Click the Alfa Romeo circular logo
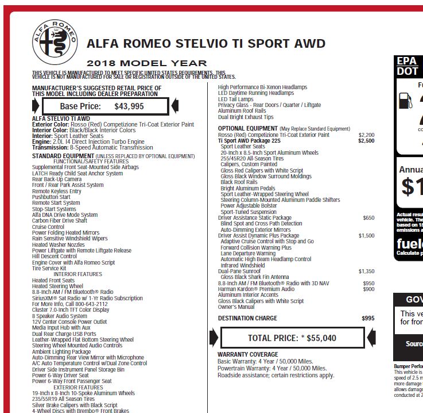tap(55, 41)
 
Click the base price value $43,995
tap(129, 106)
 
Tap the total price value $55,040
tap(321, 338)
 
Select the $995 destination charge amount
tap(367, 318)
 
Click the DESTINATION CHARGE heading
tap(247, 318)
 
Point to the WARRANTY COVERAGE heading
tap(248, 354)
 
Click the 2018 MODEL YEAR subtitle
tap(146, 63)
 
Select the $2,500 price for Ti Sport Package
tap(366, 140)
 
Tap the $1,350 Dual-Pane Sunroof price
tap(366, 271)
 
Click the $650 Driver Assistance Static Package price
tap(368, 218)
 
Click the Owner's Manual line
tap(236, 307)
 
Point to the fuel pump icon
tap(406, 101)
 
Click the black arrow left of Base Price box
tap(36, 106)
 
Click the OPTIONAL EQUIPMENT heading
tap(247, 128)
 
